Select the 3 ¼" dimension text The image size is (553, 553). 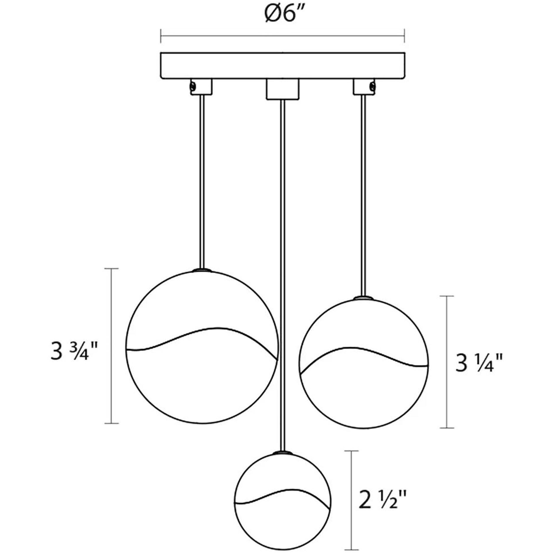479,363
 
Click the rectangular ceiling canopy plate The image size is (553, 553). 282,66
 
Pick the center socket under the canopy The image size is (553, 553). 282,89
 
